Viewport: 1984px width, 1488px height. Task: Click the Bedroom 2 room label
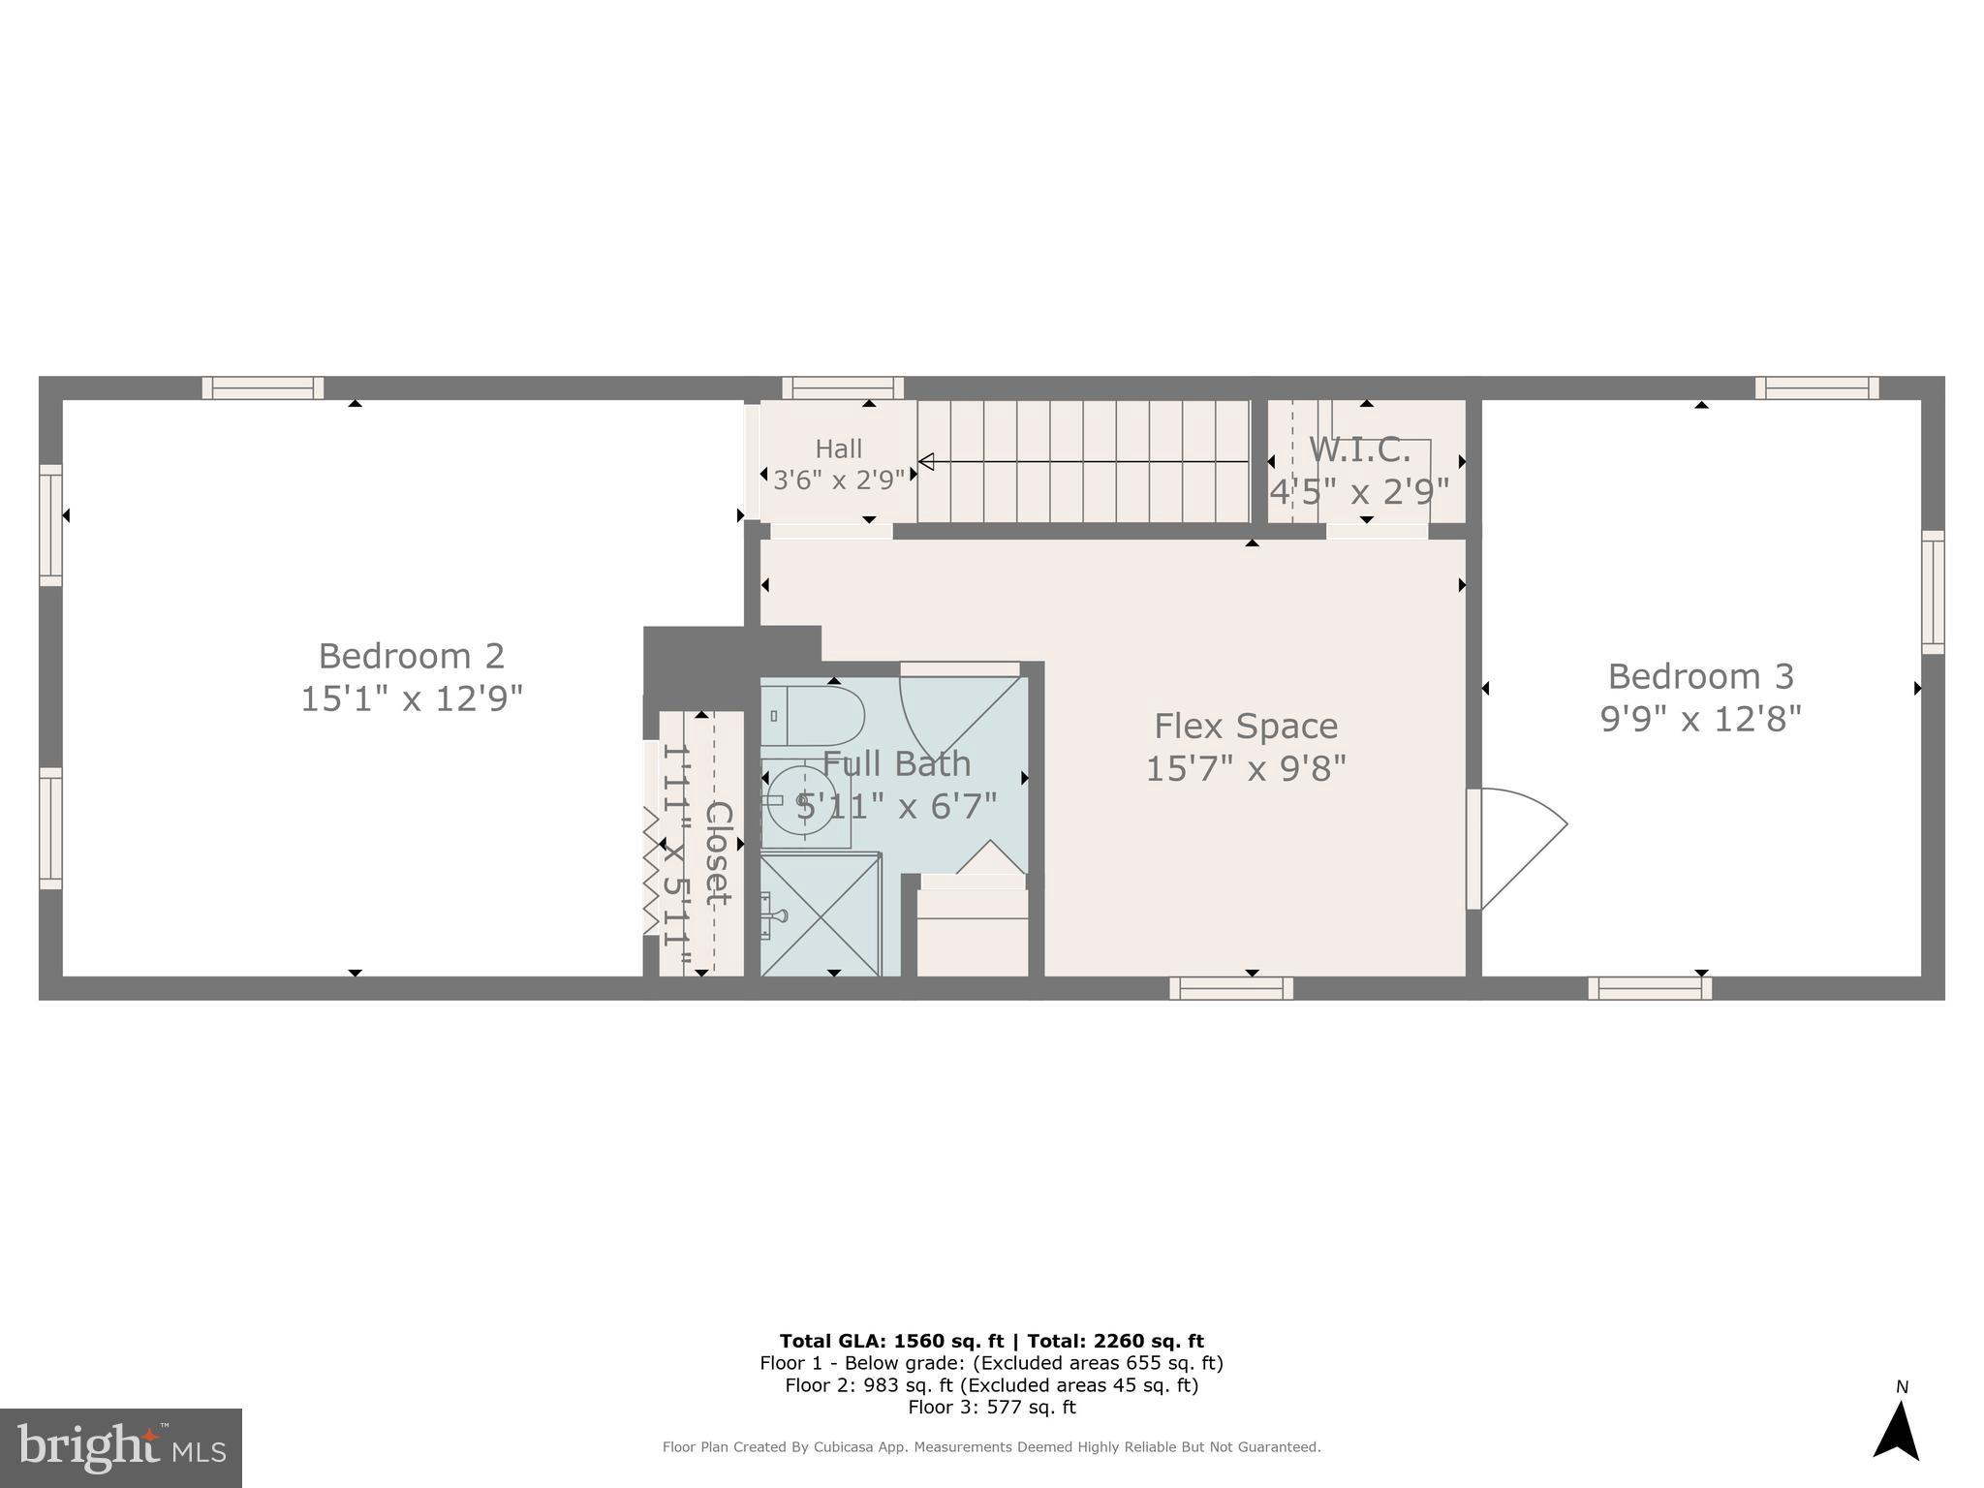(x=411, y=656)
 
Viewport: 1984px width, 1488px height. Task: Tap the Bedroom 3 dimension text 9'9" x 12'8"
(x=1700, y=720)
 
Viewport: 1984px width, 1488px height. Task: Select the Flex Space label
(x=1246, y=726)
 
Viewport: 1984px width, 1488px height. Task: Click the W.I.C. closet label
(x=1359, y=449)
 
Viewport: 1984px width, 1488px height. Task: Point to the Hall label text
(x=838, y=449)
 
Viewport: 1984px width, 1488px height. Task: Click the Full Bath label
(x=896, y=763)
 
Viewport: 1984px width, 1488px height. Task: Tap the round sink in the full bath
(x=801, y=800)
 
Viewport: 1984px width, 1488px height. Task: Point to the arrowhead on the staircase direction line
(x=926, y=462)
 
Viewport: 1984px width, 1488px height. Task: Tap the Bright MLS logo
(x=121, y=1448)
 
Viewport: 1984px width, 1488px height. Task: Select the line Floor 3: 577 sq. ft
(x=991, y=1407)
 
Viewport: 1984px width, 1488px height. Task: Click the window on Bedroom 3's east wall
(x=1933, y=592)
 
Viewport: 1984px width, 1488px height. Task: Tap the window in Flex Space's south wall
(x=1230, y=988)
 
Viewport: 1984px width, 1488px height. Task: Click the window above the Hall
(x=843, y=388)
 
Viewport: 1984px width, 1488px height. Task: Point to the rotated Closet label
(x=717, y=853)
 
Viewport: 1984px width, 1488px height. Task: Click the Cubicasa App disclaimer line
(x=991, y=1447)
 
